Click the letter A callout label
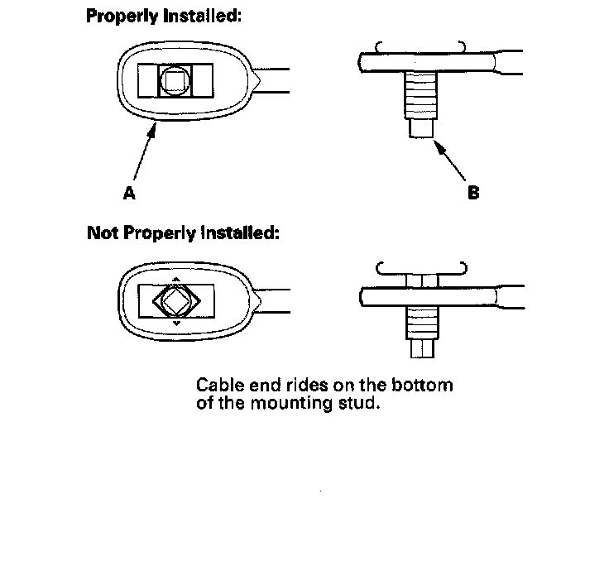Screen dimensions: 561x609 (129, 193)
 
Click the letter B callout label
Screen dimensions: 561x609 (473, 193)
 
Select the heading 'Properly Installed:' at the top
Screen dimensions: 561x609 (164, 16)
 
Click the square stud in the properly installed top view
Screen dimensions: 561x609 (175, 81)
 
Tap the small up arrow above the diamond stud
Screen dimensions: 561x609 (176, 280)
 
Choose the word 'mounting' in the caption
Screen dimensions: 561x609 (301, 406)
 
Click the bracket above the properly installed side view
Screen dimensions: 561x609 (420, 45)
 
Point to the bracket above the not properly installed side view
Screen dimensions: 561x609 (421, 267)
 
